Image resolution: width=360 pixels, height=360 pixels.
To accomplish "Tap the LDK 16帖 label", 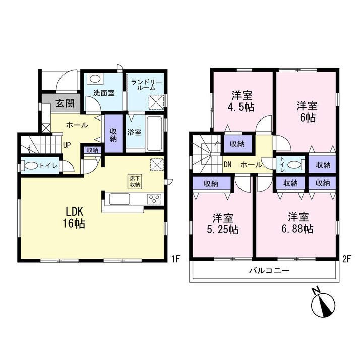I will pyautogui.click(x=74, y=217).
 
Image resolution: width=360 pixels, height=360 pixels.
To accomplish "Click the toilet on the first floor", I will pyautogui.click(x=33, y=166).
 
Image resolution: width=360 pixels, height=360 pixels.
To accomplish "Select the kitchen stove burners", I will pyautogui.click(x=154, y=199).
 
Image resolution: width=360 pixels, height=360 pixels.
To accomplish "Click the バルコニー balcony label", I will pyautogui.click(x=269, y=271).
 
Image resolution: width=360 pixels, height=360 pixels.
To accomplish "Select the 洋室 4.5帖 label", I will pyautogui.click(x=242, y=101).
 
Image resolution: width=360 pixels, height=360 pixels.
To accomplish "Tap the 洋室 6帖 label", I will pyautogui.click(x=306, y=111).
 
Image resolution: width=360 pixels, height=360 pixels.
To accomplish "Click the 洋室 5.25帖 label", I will pyautogui.click(x=222, y=224).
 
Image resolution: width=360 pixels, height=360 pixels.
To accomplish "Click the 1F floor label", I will pyautogui.click(x=175, y=260).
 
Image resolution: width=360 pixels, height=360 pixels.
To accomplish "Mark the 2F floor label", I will pyautogui.click(x=346, y=260).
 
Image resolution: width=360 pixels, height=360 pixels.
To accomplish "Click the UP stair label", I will pyautogui.click(x=66, y=146).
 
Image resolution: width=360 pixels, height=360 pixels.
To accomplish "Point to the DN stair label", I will pyautogui.click(x=227, y=164).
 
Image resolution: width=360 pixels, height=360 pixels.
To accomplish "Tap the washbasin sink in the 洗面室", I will pyautogui.click(x=95, y=79).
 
